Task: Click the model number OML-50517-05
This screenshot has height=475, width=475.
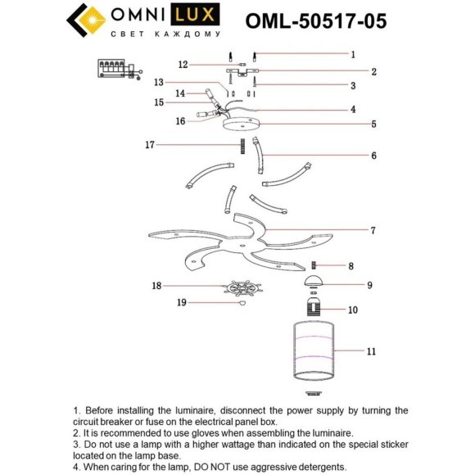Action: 316,19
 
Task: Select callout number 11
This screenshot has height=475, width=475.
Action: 371,351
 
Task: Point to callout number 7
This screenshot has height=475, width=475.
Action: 373,230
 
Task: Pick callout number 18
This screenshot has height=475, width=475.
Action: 156,286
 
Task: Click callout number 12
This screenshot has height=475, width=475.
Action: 183,64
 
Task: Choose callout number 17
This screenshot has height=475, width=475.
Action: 150,145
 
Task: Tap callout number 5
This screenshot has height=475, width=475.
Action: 373,124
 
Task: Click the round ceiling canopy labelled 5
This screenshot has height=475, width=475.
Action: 244,127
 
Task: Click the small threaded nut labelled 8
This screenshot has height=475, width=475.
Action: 314,265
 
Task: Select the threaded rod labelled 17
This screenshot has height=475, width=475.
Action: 243,147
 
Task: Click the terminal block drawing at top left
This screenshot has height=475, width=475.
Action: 115,69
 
